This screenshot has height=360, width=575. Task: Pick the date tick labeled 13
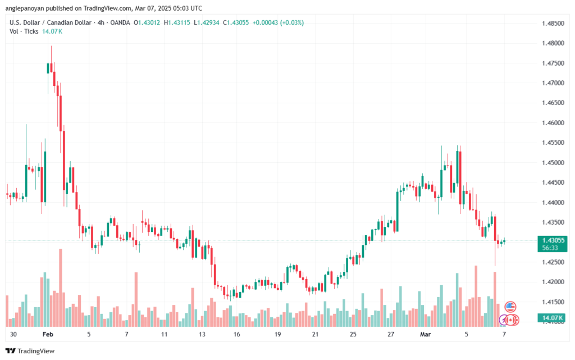coord(201,334)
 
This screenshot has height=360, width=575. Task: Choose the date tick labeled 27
coord(390,334)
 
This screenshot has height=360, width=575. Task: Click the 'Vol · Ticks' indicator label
coord(24,31)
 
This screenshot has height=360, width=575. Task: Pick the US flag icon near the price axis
coord(510,307)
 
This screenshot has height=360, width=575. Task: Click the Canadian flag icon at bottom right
coord(512,320)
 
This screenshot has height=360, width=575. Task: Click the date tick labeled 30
coord(13,334)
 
